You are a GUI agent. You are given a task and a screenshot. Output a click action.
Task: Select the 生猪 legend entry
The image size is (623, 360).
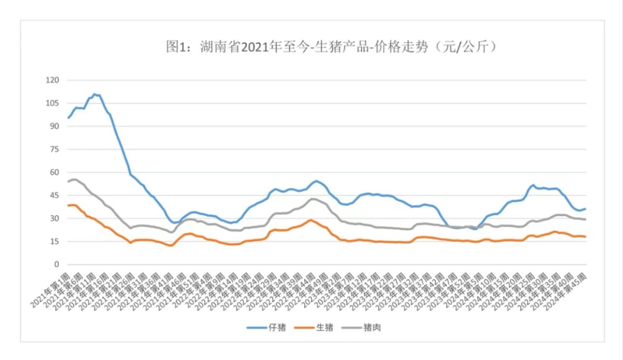coord(316,327)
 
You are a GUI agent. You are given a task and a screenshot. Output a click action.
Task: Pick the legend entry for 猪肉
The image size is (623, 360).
coord(364,327)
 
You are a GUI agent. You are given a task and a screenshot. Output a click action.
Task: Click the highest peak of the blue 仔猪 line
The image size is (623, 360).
coord(94,94)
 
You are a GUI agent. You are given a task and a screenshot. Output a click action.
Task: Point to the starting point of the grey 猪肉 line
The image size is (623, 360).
coord(68,181)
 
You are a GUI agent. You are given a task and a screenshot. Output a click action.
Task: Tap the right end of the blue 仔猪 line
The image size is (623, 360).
coord(586,209)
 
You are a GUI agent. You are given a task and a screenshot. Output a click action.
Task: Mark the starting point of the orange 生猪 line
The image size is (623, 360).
coord(68,205)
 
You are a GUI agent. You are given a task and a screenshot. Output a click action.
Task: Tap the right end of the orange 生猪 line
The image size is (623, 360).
coord(586,237)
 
